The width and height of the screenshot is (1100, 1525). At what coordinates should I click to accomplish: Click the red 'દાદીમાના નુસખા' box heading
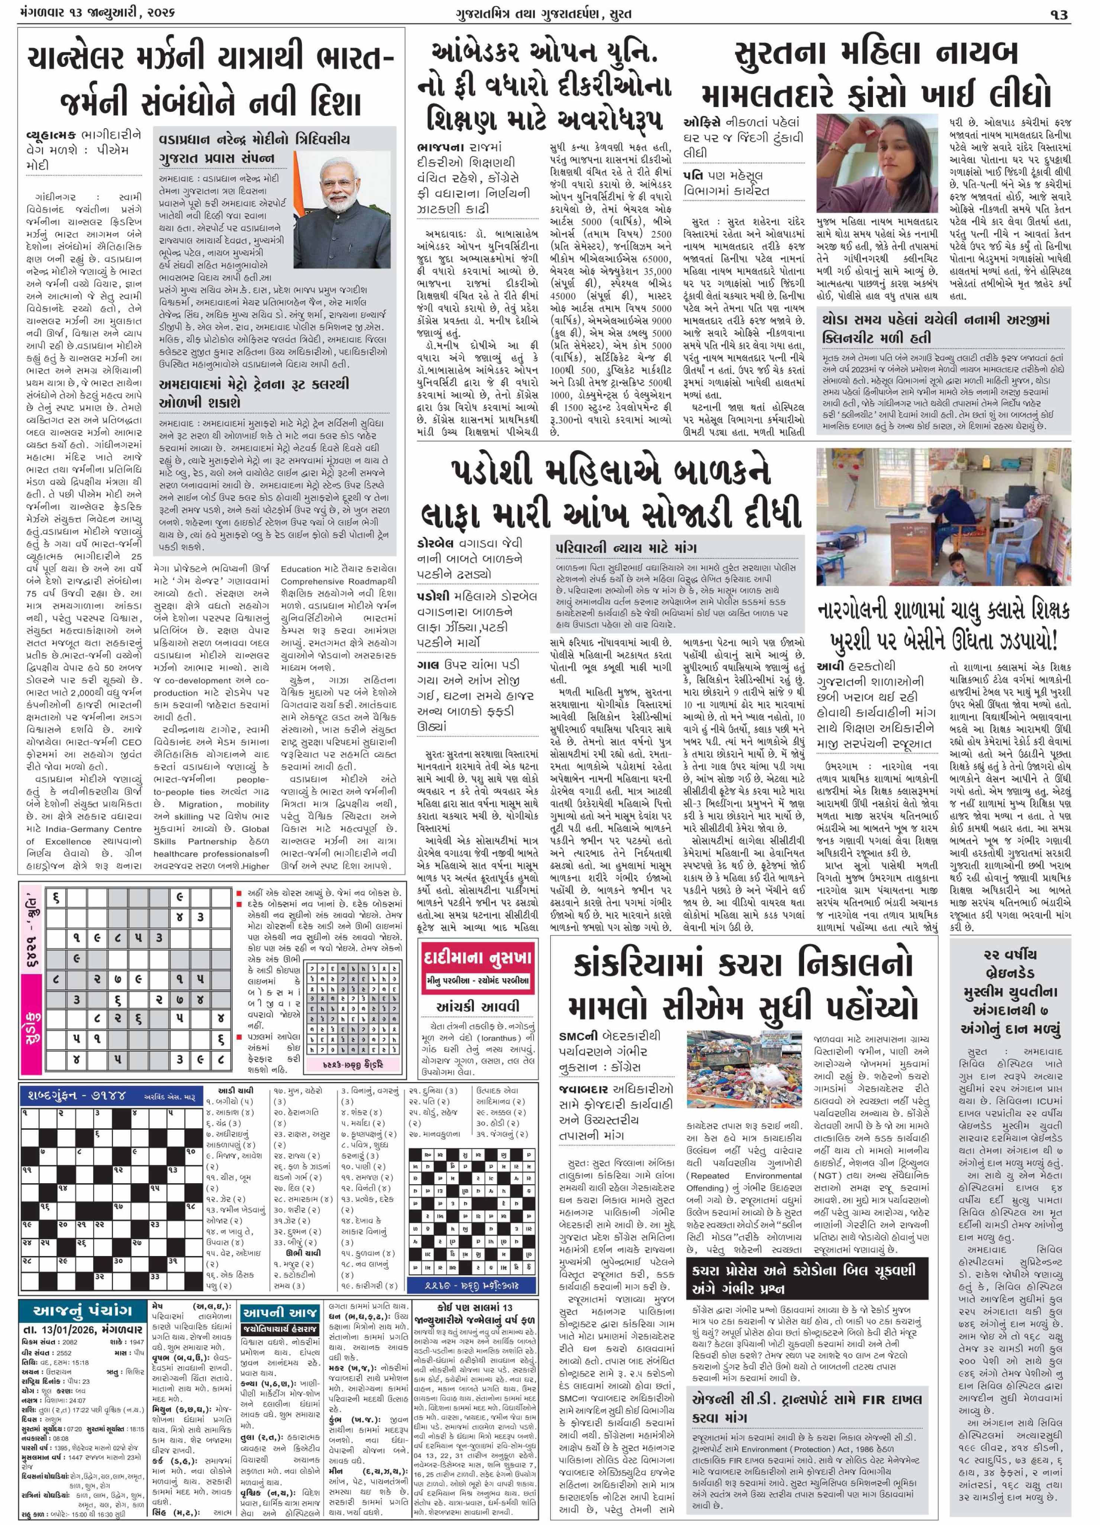(x=477, y=957)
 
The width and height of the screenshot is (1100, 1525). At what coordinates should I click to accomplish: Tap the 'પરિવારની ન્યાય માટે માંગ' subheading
(x=626, y=547)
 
